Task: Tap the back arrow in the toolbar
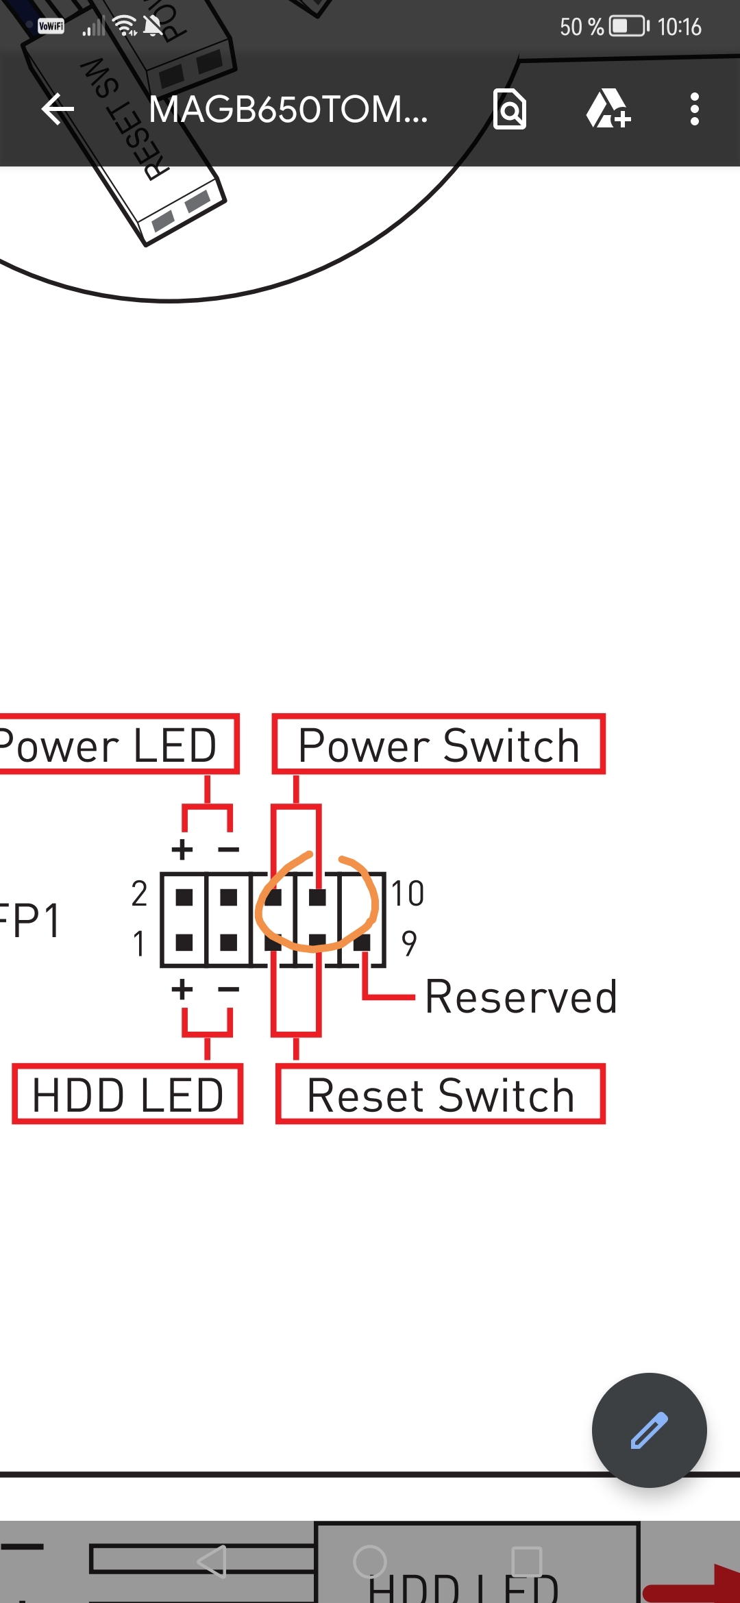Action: click(x=58, y=110)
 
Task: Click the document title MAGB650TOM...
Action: click(x=288, y=110)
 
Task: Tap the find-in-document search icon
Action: click(x=510, y=110)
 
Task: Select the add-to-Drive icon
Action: click(x=608, y=110)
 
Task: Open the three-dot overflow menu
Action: click(x=695, y=110)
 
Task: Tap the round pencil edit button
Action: click(x=649, y=1430)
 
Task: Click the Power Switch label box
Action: click(x=439, y=745)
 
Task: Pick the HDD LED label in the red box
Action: click(x=128, y=1095)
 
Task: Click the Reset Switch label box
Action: click(x=440, y=1095)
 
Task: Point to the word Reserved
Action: click(x=521, y=997)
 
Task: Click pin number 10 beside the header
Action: click(x=408, y=894)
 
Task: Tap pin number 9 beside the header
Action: click(x=409, y=943)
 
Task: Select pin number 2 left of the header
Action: click(x=139, y=894)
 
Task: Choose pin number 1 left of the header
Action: click(x=139, y=943)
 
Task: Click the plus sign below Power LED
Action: click(x=182, y=849)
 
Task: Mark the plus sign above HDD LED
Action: click(x=182, y=989)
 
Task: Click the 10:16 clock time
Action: click(x=679, y=27)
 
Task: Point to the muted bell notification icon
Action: click(x=153, y=27)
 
